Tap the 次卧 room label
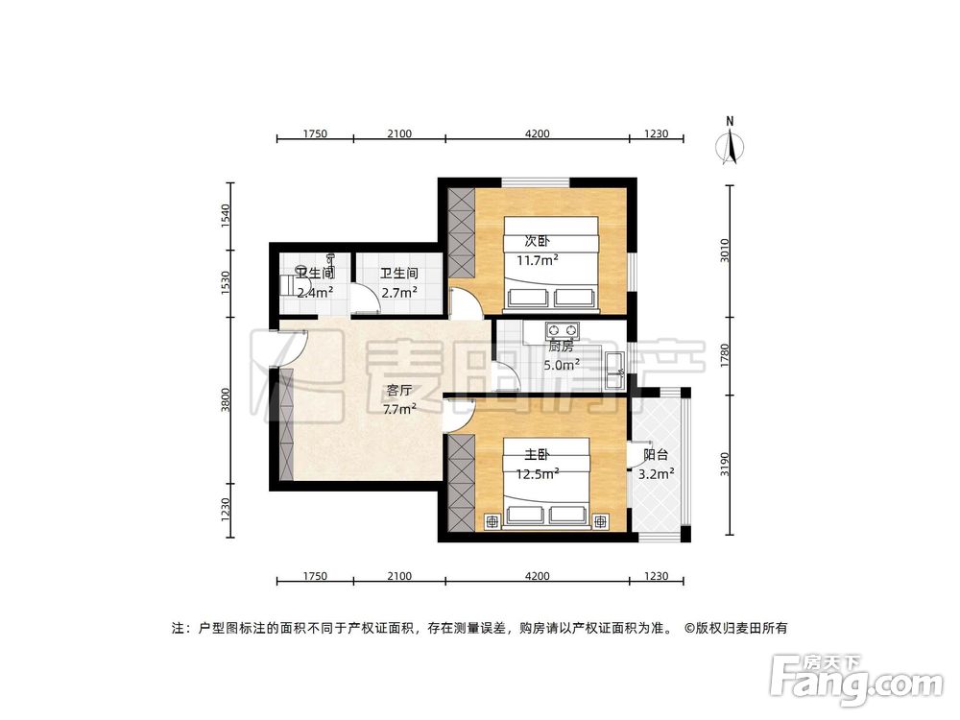(x=537, y=241)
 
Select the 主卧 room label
(x=535, y=455)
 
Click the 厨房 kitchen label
(x=561, y=346)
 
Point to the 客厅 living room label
(x=398, y=391)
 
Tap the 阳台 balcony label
(x=656, y=455)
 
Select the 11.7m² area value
(x=538, y=259)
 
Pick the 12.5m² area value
(x=538, y=472)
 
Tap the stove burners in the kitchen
(x=558, y=329)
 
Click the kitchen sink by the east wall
(x=614, y=368)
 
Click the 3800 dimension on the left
(x=227, y=399)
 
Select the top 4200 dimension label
(x=537, y=134)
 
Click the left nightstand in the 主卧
(x=492, y=521)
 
